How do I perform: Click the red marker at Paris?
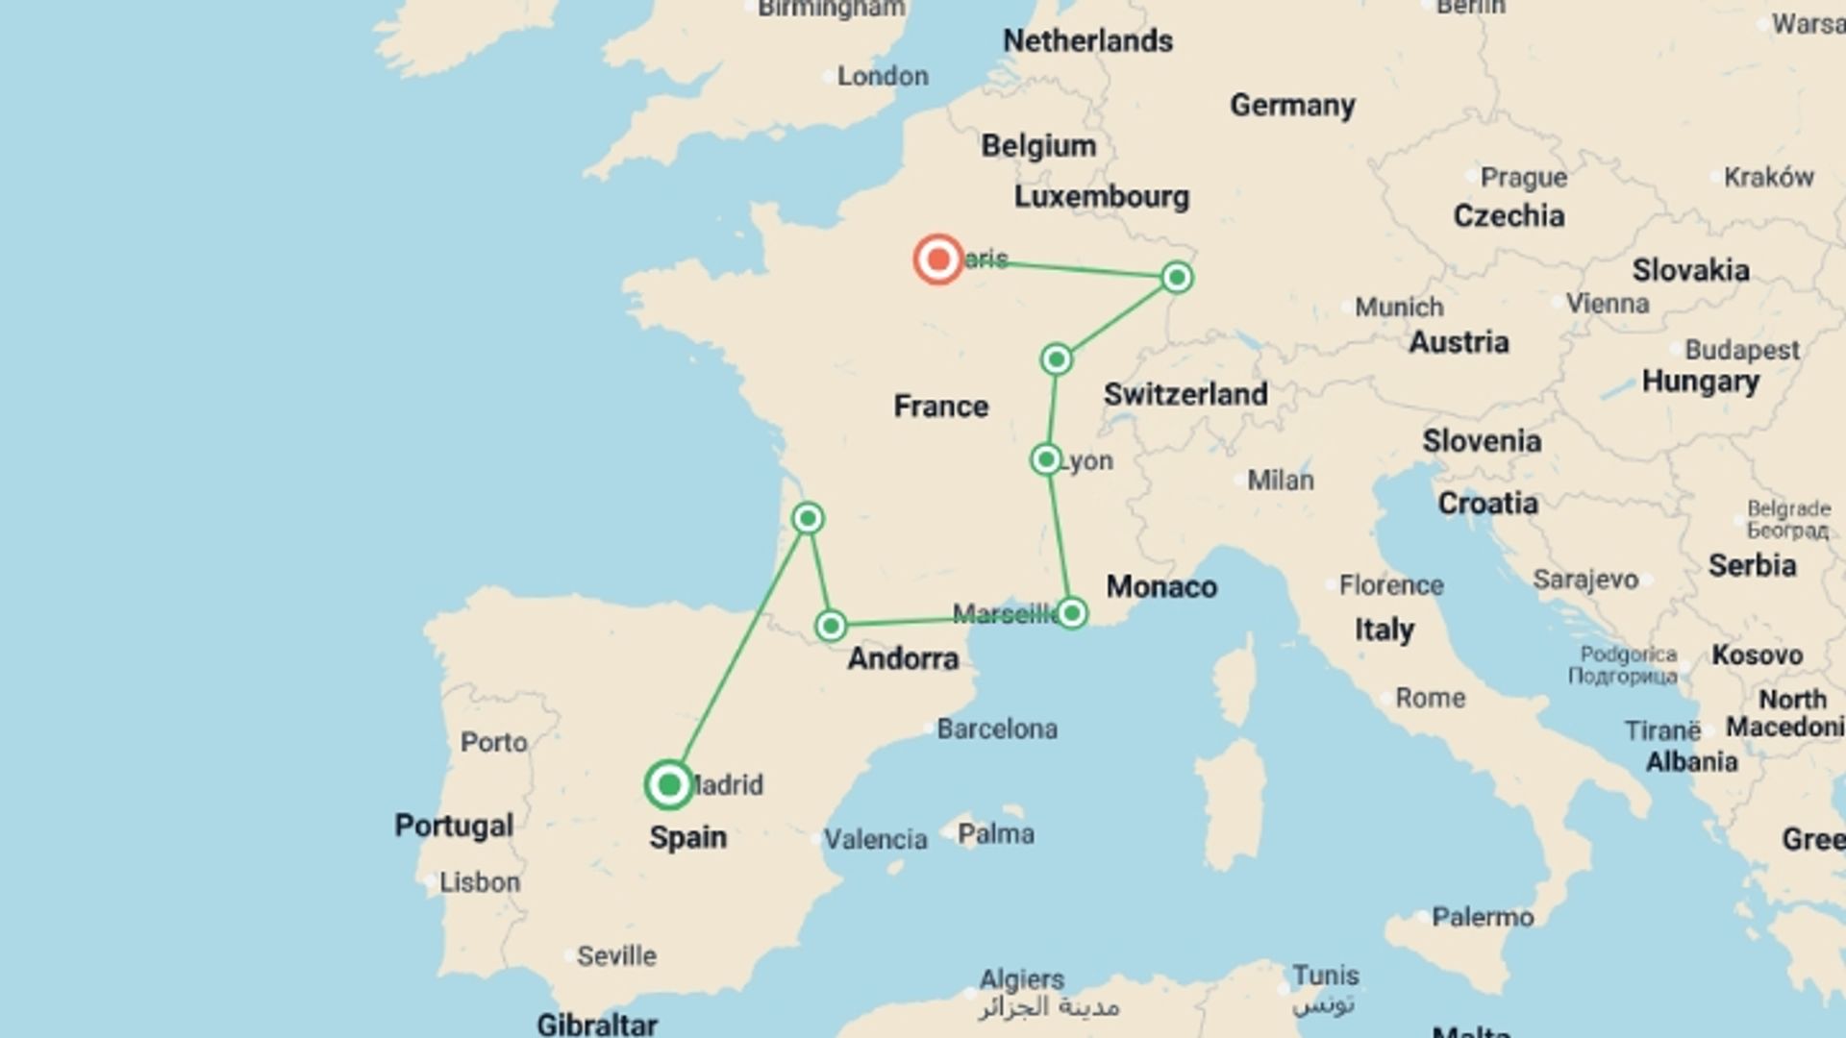[x=937, y=259]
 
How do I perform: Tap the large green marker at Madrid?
[x=669, y=785]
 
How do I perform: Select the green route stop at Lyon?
[x=1046, y=459]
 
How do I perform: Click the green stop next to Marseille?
[x=1072, y=613]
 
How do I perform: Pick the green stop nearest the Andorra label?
[x=831, y=626]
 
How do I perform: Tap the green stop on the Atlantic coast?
[x=808, y=519]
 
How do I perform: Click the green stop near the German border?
[x=1177, y=278]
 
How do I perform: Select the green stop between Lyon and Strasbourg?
[x=1056, y=359]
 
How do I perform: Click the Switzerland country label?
[x=1185, y=394]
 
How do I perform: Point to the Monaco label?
[x=1160, y=586]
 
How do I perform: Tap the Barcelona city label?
[x=997, y=729]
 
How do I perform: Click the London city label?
[x=882, y=76]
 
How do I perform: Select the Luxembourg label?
[x=1101, y=197]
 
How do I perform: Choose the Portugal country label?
[x=454, y=826]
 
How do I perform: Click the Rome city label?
[x=1430, y=698]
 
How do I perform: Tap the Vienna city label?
[x=1607, y=304]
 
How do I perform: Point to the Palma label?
[x=995, y=833]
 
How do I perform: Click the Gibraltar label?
[x=596, y=1025]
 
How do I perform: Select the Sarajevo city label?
[x=1584, y=580]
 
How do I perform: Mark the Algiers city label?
[x=1021, y=979]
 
